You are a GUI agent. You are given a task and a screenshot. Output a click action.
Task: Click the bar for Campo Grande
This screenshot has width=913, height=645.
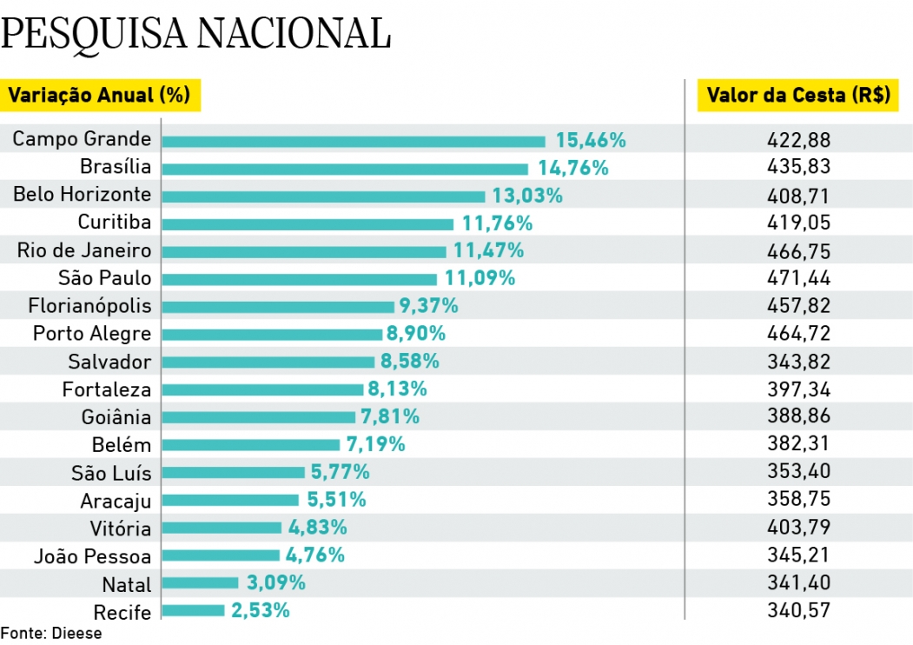tap(353, 141)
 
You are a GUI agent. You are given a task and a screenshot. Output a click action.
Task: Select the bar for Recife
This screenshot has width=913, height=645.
tap(193, 610)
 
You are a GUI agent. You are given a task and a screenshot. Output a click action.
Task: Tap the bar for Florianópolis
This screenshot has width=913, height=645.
tap(277, 306)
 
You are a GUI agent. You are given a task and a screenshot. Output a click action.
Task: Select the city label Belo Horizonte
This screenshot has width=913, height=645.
tap(82, 195)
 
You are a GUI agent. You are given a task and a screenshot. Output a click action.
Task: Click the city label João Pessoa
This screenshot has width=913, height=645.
tap(92, 556)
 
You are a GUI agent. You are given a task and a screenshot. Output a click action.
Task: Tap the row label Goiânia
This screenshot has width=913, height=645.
tap(116, 417)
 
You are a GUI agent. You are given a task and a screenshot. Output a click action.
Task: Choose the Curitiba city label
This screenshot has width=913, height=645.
tap(114, 223)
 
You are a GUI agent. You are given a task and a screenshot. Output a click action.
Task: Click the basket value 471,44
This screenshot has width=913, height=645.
tap(798, 278)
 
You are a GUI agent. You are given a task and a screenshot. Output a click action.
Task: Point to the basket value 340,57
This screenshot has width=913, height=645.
tap(798, 611)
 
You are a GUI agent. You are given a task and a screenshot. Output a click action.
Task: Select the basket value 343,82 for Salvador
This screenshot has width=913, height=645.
tap(798, 362)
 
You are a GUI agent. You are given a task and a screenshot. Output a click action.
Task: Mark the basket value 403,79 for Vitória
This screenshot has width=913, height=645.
tap(798, 528)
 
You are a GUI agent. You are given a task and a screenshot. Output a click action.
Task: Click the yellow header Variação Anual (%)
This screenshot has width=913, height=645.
tap(100, 95)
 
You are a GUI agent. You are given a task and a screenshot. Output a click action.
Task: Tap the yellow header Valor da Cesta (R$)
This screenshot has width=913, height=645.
tap(798, 96)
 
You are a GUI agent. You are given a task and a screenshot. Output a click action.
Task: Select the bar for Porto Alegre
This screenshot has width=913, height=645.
tap(272, 334)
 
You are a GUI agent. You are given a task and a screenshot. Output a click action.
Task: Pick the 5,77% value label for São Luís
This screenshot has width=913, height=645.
tap(340, 472)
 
